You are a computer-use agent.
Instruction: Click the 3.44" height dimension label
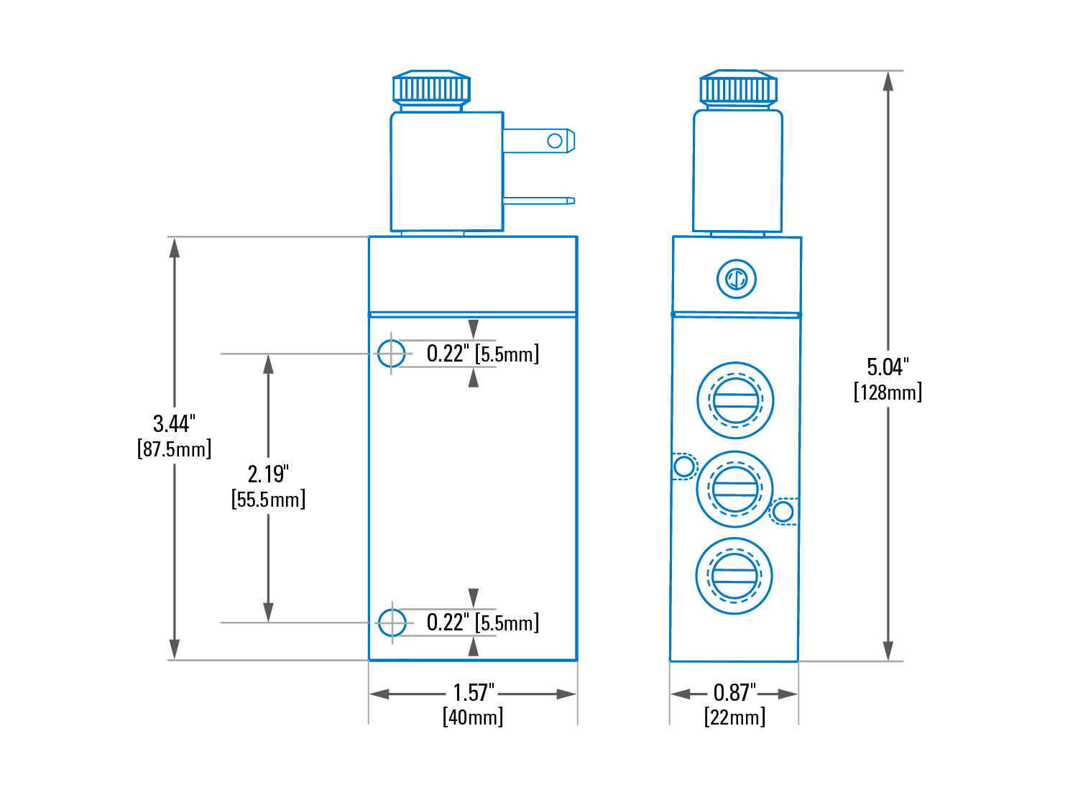point(174,423)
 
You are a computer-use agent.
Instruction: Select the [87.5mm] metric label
point(174,449)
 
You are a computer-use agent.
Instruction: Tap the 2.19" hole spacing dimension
point(268,474)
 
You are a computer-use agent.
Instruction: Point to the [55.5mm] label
point(268,500)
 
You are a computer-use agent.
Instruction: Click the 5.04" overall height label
point(888,367)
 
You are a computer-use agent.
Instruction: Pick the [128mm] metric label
point(888,392)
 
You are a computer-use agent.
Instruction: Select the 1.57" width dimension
point(473,692)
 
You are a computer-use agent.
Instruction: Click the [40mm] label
point(473,717)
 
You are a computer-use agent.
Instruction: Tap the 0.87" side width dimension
point(734,692)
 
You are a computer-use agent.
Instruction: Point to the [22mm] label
point(734,717)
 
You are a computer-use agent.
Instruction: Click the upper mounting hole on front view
point(391,353)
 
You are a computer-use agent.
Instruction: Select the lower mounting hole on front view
point(392,622)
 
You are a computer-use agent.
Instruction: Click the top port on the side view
point(735,400)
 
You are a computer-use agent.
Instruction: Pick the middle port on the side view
point(734,490)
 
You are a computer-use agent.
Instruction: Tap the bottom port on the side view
point(734,576)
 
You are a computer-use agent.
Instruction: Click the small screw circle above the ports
point(737,279)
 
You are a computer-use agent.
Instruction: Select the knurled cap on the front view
point(431,88)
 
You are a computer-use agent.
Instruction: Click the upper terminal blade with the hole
point(539,141)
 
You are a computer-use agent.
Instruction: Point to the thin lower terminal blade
point(539,201)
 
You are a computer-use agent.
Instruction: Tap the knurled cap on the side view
point(738,88)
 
